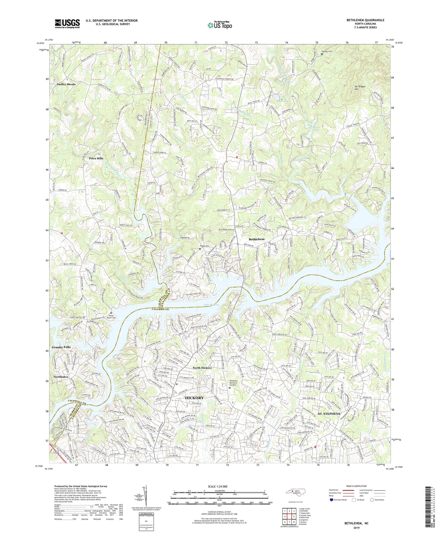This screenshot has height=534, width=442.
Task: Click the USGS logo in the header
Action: point(67,24)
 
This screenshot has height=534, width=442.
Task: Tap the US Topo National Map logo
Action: point(219,25)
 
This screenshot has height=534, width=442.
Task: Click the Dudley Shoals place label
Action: point(66,84)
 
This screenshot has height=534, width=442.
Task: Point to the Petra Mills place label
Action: point(96,158)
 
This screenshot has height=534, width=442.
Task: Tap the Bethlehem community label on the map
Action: point(256,239)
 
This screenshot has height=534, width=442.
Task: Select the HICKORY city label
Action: point(194,398)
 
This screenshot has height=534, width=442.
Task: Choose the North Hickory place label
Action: point(202,368)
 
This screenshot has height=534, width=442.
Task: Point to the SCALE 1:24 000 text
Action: point(220,487)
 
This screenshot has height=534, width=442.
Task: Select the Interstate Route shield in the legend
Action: point(332,500)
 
